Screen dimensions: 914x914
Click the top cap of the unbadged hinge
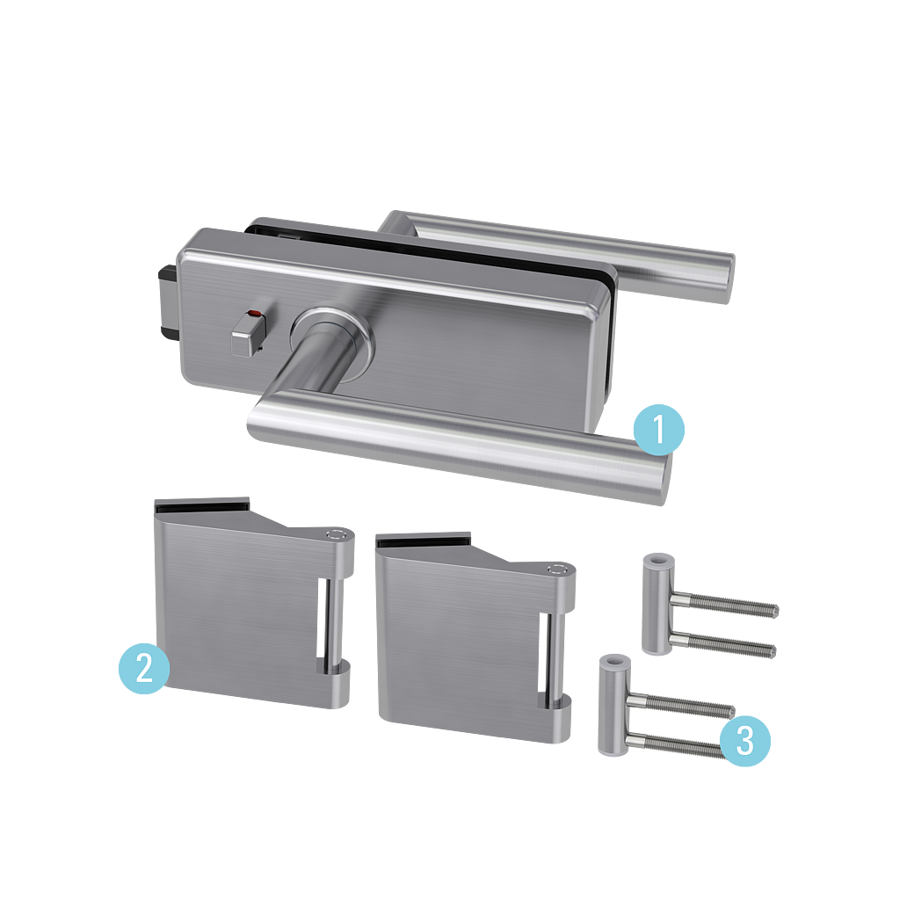tap(557, 567)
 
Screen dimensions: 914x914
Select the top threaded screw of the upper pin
tap(725, 607)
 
